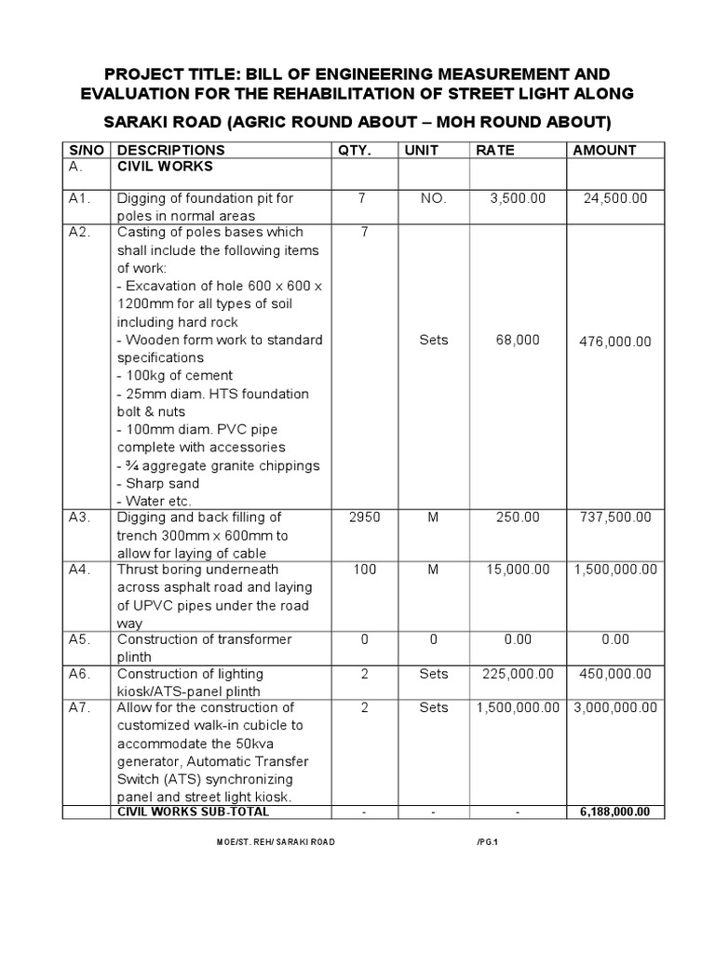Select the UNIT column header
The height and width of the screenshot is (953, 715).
click(x=422, y=150)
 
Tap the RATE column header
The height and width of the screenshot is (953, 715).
click(x=494, y=150)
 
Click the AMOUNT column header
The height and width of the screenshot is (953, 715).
click(x=604, y=150)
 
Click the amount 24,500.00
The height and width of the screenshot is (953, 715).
click(x=615, y=198)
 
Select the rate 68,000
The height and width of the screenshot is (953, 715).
click(x=519, y=341)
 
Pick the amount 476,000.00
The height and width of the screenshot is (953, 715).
click(x=615, y=342)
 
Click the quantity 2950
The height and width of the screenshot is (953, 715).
click(x=364, y=517)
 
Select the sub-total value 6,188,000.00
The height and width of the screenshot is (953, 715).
click(x=615, y=812)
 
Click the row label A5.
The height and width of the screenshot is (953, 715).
click(x=80, y=639)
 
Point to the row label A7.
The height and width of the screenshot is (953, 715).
click(x=80, y=707)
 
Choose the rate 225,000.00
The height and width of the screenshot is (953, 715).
click(x=515, y=674)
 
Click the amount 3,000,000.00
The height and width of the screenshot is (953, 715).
click(x=614, y=707)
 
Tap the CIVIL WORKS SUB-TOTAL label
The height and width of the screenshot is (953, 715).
click(x=193, y=812)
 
